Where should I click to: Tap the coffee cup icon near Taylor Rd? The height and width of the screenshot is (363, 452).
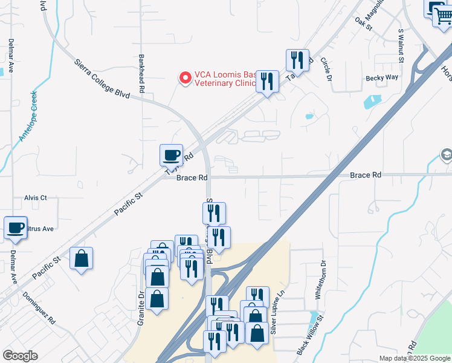(171, 155)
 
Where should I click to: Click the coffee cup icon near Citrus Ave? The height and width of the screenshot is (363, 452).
(15, 228)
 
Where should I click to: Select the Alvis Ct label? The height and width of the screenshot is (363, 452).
(36, 198)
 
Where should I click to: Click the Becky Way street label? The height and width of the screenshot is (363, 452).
(383, 77)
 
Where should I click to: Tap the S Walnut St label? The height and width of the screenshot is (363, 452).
(401, 46)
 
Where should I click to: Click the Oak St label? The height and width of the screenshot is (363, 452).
(362, 23)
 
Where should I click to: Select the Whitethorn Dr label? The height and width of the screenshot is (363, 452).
(322, 280)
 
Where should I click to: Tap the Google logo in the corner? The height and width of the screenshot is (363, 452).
(20, 355)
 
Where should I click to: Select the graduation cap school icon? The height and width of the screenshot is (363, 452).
(446, 154)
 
